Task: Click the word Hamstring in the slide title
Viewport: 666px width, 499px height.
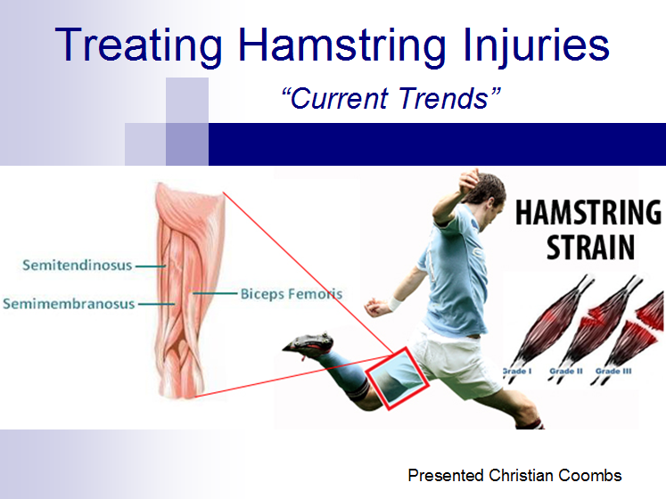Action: (342, 45)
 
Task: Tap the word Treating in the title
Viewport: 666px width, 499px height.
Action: (138, 45)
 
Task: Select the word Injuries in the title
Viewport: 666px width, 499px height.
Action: (537, 45)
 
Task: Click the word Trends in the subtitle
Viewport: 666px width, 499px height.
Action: (444, 99)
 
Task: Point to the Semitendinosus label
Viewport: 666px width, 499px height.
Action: (78, 266)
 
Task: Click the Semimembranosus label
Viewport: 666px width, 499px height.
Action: (69, 304)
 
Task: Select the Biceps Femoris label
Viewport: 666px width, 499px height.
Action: (292, 294)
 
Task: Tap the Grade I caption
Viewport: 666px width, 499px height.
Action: (517, 372)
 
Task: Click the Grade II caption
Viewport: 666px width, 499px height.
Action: (566, 372)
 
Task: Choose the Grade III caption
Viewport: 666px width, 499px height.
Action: (613, 372)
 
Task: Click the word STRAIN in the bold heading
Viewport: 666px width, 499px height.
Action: (590, 247)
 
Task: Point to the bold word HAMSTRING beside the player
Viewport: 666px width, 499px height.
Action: (588, 212)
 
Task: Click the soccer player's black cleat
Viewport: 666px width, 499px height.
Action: (308, 343)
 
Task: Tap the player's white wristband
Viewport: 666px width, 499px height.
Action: (396, 304)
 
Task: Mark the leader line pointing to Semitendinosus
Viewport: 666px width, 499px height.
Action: (151, 266)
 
